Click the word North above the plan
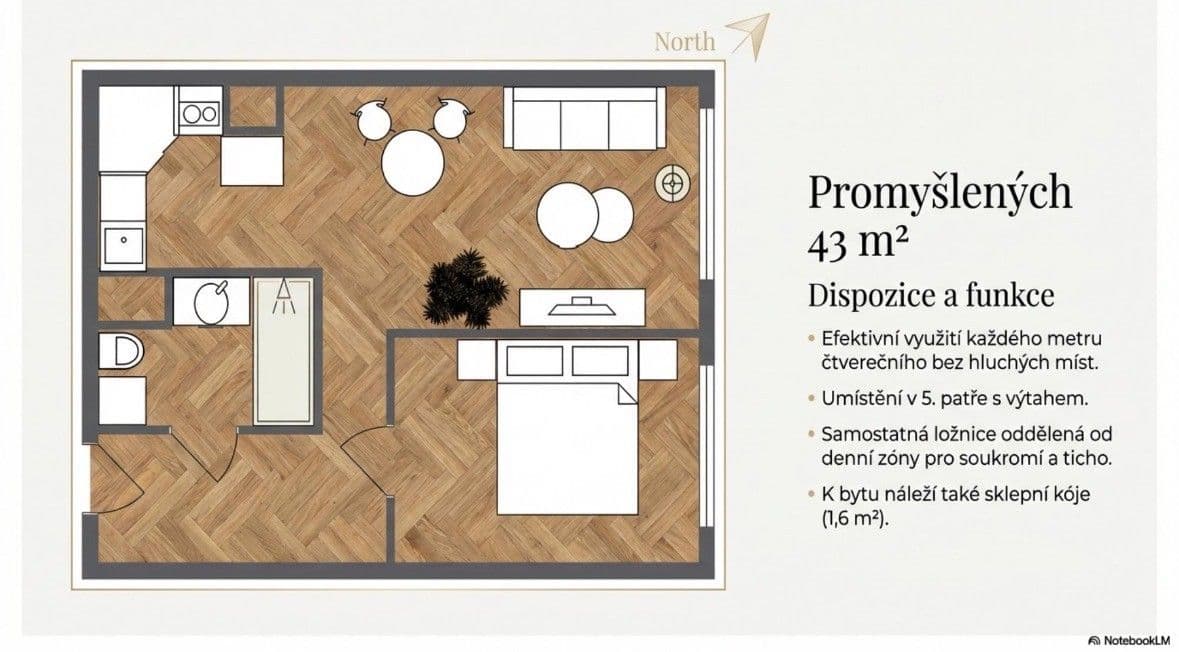point(685,41)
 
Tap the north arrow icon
point(749,35)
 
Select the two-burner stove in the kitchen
point(199,112)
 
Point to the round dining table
point(412,163)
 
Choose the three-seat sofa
point(584,118)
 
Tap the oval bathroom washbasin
point(213,301)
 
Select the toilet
point(123,352)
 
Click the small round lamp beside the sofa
point(673,182)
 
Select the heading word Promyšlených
point(939,192)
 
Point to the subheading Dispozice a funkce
point(931,296)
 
